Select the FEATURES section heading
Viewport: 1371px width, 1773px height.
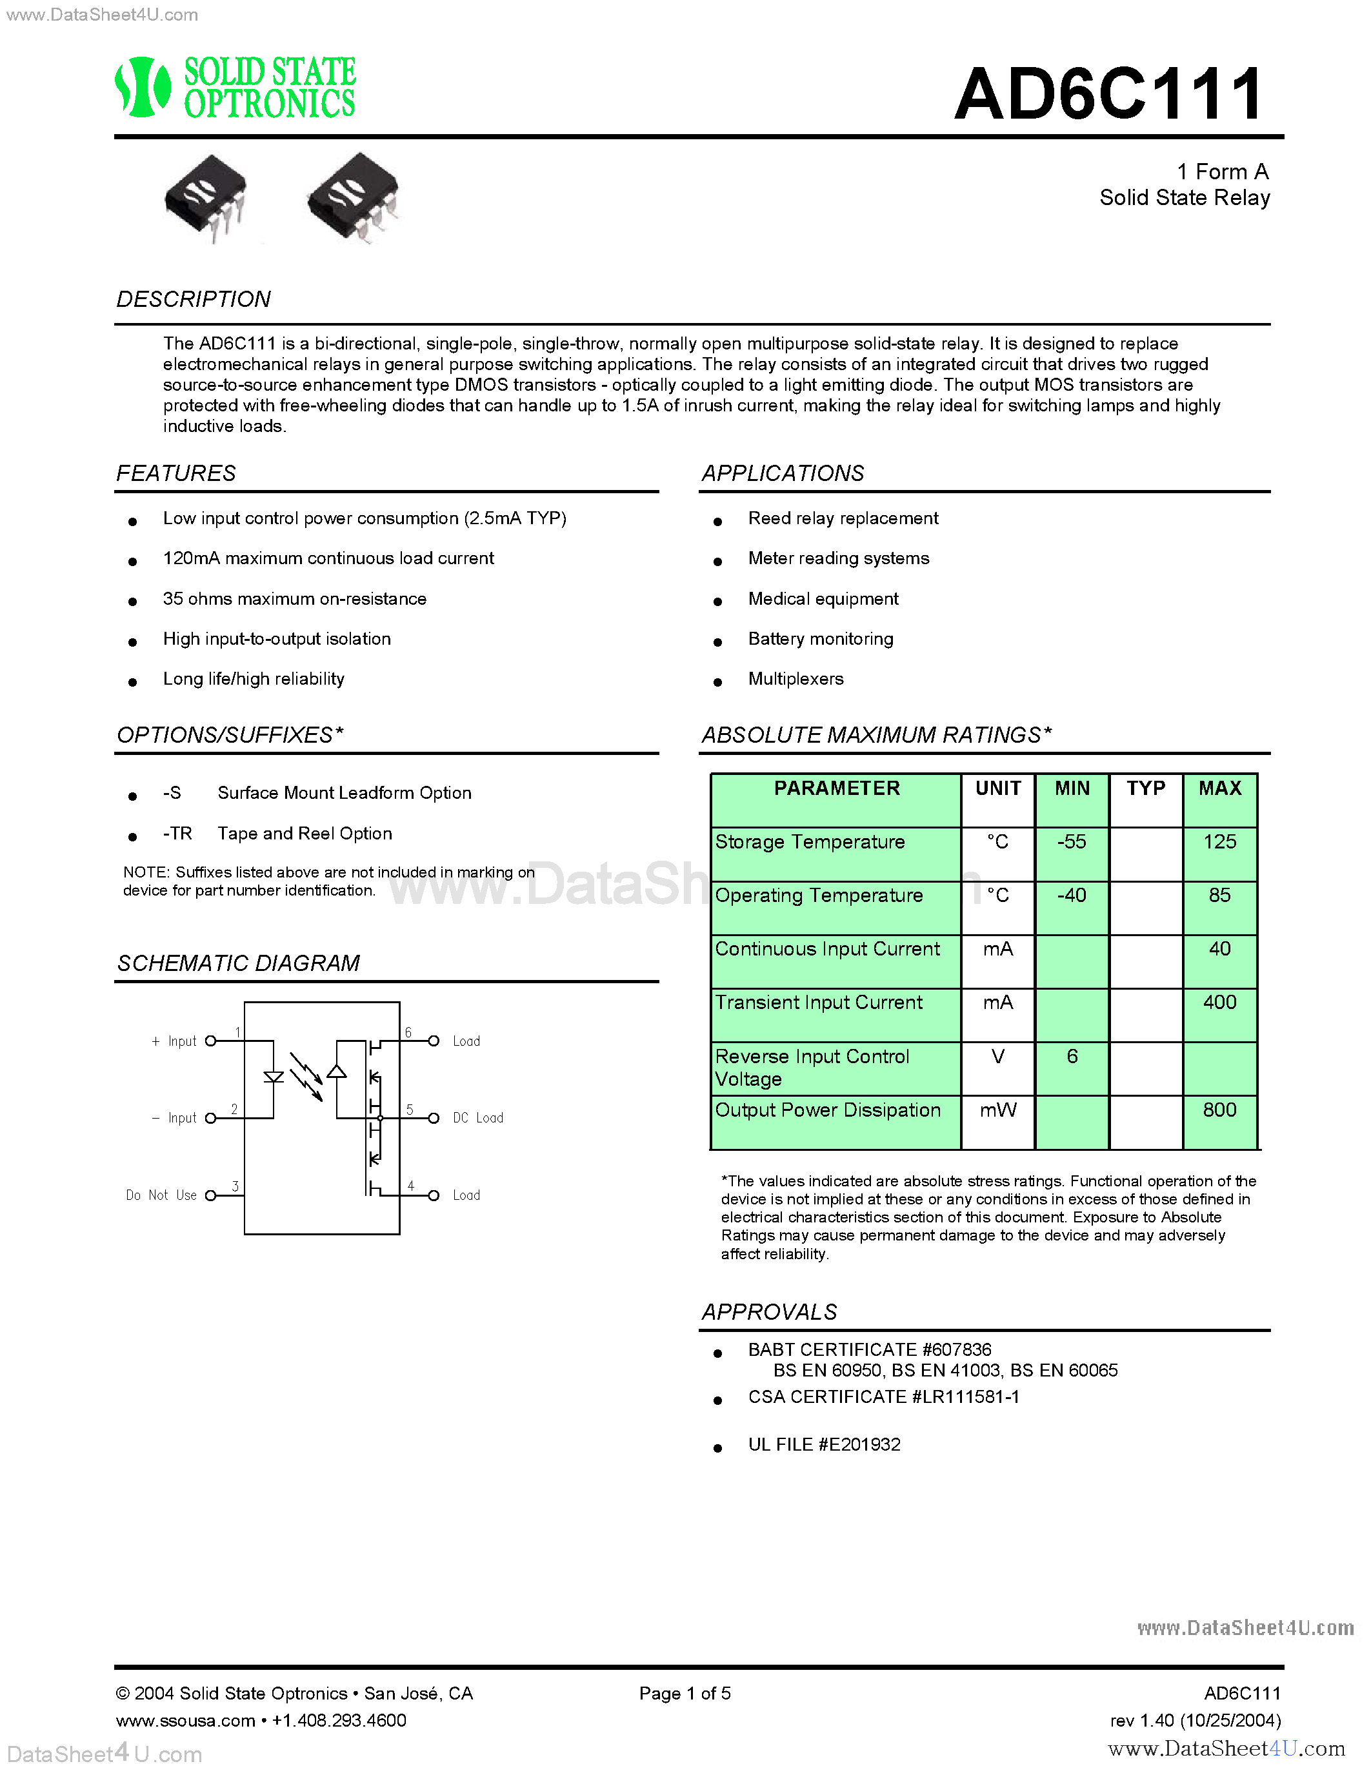(x=176, y=473)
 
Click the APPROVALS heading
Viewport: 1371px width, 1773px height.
(x=769, y=1312)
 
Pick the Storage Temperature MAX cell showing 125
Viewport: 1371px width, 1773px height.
(x=1219, y=843)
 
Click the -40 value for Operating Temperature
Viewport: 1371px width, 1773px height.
(x=1071, y=896)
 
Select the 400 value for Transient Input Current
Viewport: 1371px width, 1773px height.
(x=1219, y=1003)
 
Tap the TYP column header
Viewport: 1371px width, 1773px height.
(x=1145, y=789)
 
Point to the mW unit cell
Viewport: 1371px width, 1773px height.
(x=997, y=1111)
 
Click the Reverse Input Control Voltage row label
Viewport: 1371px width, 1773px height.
(x=812, y=1068)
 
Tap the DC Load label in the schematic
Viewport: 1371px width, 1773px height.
(x=477, y=1119)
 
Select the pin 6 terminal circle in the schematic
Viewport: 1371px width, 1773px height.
(x=434, y=1041)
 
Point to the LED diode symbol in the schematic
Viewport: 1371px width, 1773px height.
(x=274, y=1078)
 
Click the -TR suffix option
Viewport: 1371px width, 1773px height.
(x=177, y=834)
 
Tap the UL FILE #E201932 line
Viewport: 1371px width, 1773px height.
(x=824, y=1445)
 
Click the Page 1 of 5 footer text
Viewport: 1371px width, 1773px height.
(x=685, y=1694)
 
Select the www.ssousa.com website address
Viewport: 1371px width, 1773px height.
(x=185, y=1720)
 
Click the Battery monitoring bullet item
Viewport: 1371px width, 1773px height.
(x=820, y=639)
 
